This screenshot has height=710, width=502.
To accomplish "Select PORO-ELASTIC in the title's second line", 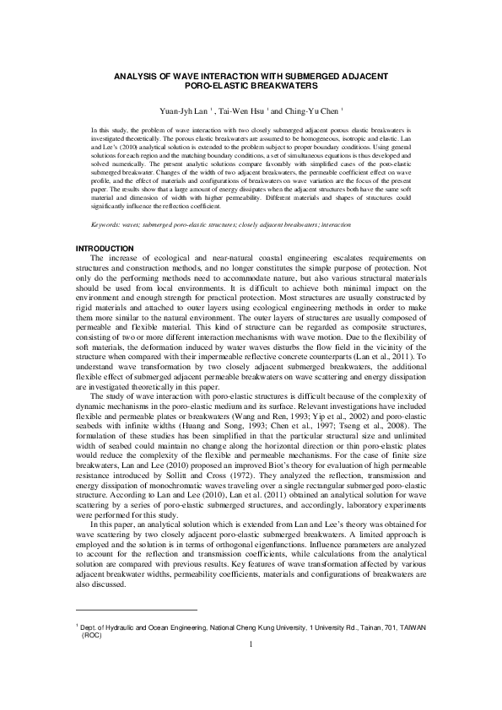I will [217, 85].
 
